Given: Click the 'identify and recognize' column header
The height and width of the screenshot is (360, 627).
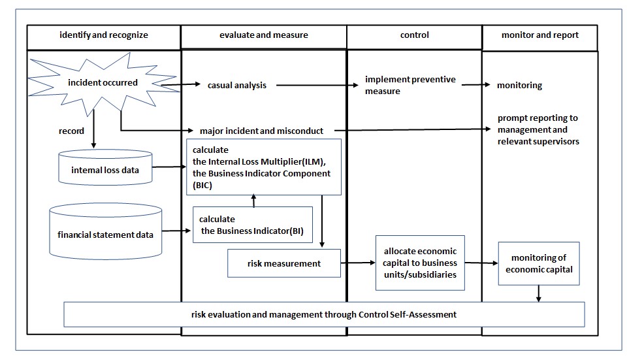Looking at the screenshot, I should coord(103,35).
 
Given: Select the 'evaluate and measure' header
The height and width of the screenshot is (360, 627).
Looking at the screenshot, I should coord(263,35).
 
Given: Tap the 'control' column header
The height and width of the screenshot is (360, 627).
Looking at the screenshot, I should coord(414,35).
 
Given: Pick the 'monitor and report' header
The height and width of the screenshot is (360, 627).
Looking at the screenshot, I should coord(539,35).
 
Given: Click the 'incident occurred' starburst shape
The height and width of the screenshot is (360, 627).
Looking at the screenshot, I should coord(103,83).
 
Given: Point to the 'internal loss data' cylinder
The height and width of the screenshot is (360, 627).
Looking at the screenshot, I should coord(104,172).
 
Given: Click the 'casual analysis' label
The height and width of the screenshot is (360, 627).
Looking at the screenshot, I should coord(237,85).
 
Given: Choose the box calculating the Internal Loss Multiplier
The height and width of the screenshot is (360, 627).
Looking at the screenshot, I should coord(264,167).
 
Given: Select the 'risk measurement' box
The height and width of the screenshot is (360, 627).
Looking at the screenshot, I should coord(284,263).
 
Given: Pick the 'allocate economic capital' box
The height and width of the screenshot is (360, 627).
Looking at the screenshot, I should coord(420,263).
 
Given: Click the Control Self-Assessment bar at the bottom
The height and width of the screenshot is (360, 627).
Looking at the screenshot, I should coord(325,314).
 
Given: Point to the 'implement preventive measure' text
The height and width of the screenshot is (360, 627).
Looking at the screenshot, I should coord(410,85).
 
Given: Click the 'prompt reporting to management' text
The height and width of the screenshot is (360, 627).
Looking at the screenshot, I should coord(538,129).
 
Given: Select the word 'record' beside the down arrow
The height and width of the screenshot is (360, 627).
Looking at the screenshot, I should coord(71,131).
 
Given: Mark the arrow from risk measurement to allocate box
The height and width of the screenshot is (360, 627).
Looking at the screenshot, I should coord(358,263).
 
